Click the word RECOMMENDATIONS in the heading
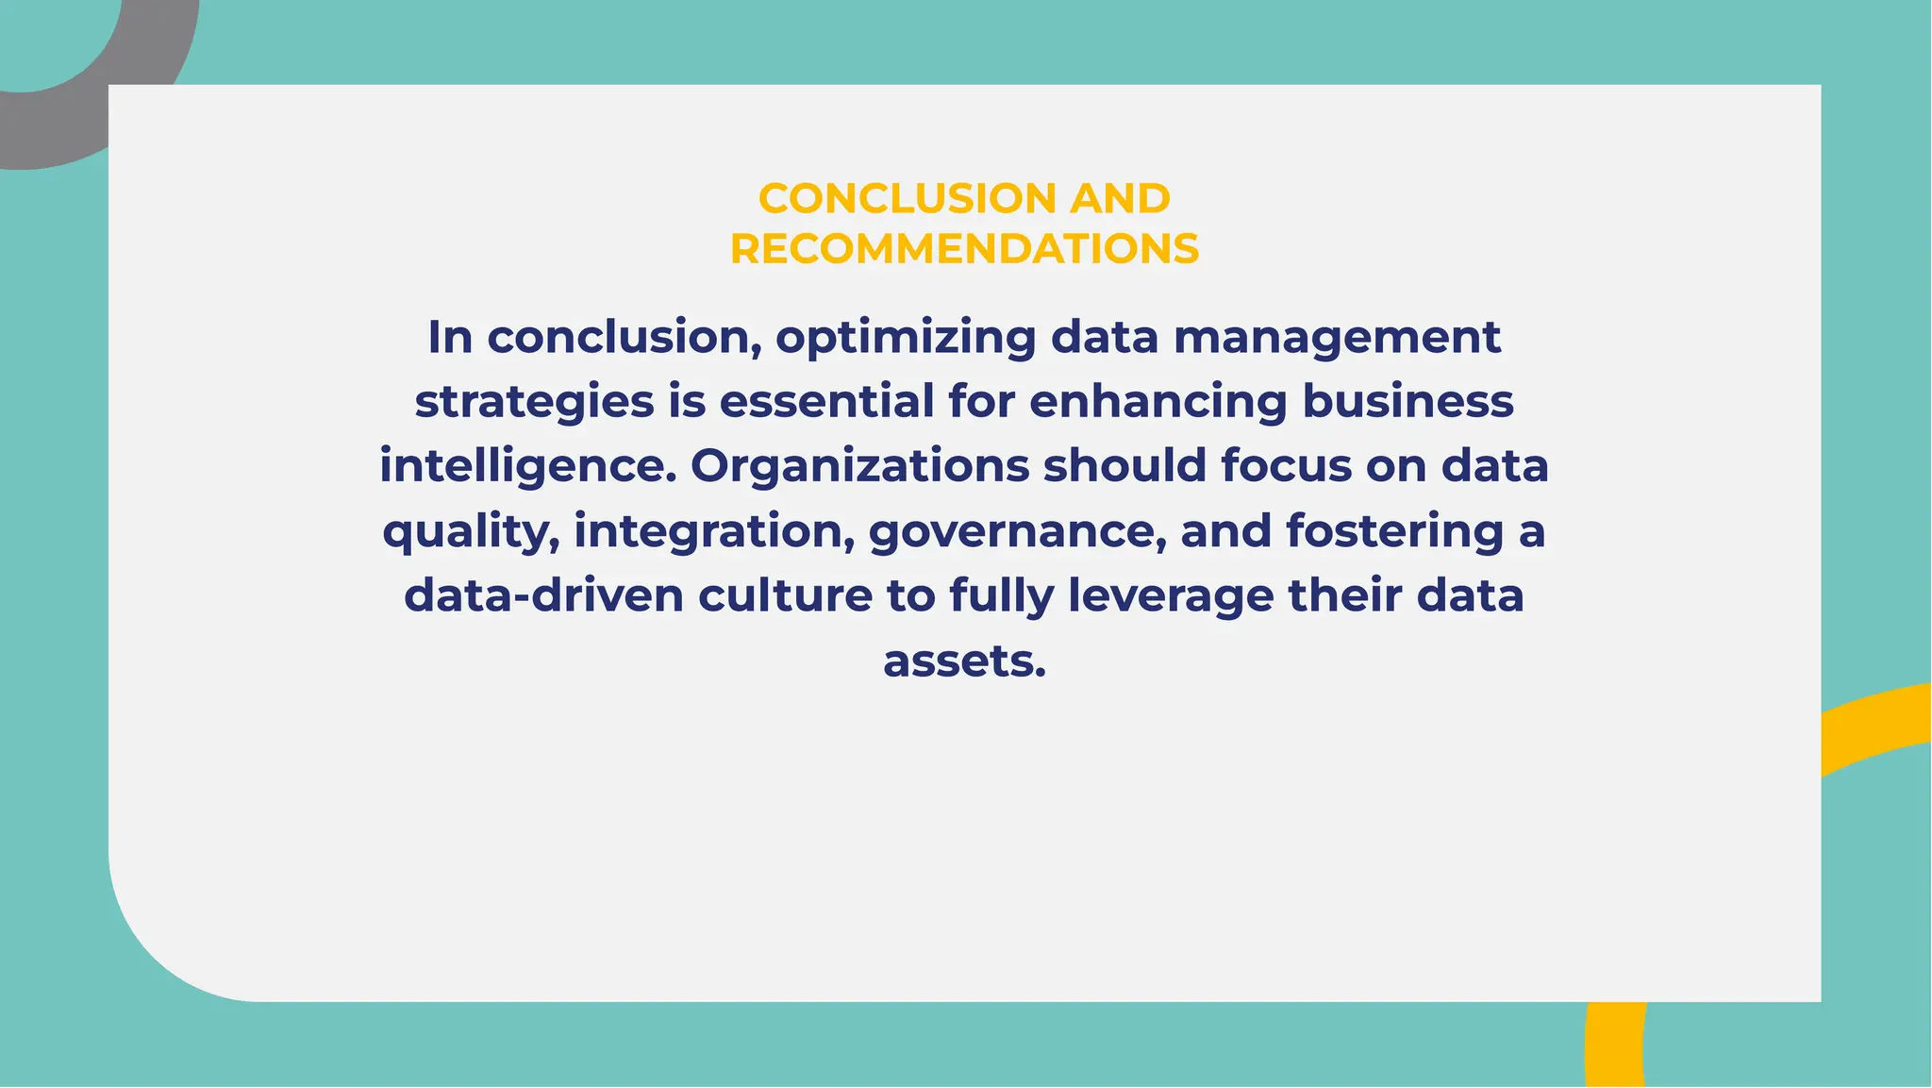pos(964,249)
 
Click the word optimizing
pos(906,339)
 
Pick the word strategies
pos(534,402)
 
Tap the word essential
pos(826,401)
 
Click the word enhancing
pos(1158,402)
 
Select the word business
pos(1408,401)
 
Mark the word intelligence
pos(528,467)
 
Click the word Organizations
pos(859,467)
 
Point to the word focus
pos(1292,466)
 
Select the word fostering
pos(1394,531)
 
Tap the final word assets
pos(964,661)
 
